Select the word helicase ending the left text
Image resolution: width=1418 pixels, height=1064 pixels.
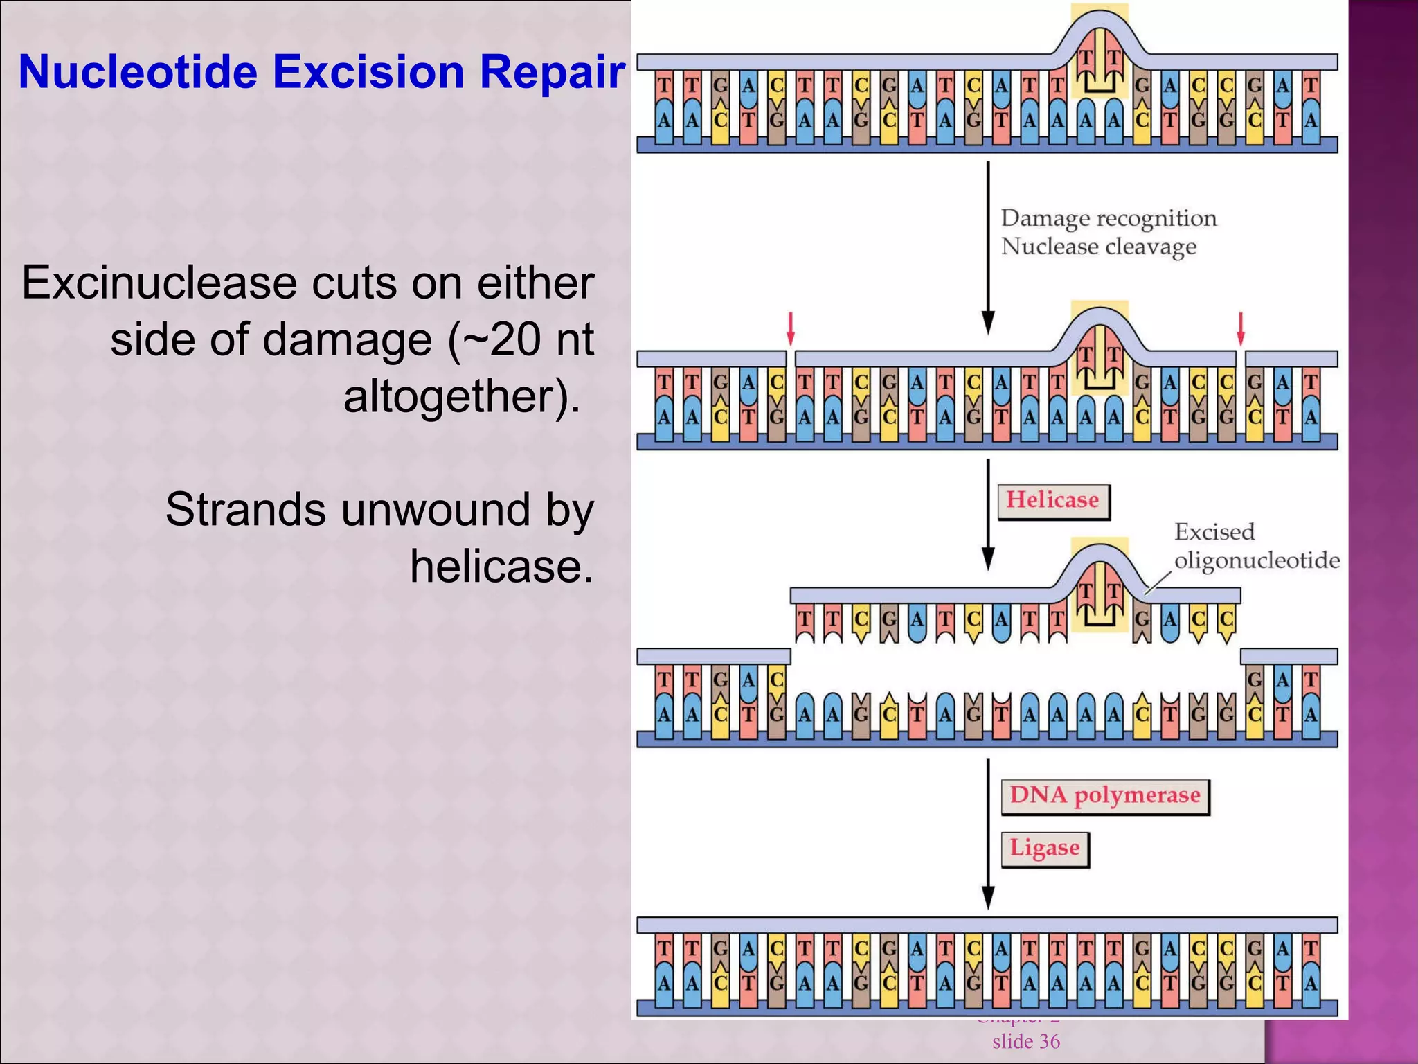501,566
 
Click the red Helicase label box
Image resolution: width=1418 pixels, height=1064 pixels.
1053,501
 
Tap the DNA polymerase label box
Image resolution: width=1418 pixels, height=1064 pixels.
1104,795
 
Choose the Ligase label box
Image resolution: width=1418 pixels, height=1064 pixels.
1044,849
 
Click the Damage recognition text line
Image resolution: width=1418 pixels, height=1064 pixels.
1108,218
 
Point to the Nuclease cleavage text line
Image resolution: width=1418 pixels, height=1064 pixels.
1098,247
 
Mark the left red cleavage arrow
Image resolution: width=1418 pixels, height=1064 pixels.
790,328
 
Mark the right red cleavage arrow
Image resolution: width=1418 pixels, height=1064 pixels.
1240,328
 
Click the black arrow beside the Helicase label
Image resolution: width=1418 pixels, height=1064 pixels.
989,513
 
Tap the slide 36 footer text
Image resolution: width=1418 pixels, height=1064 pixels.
1025,1041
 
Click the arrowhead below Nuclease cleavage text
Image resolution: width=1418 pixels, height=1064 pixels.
989,323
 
